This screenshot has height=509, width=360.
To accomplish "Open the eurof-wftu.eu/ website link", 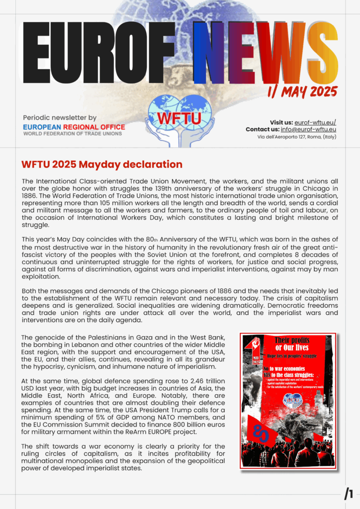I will (315, 122).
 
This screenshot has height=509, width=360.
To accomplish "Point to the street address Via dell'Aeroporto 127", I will (278, 136).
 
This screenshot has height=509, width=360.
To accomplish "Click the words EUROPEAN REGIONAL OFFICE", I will (74, 127).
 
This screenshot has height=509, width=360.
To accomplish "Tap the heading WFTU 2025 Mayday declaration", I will (101, 165).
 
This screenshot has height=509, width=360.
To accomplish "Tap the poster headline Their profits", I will (293, 340).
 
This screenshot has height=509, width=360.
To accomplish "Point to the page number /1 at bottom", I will (349, 494).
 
